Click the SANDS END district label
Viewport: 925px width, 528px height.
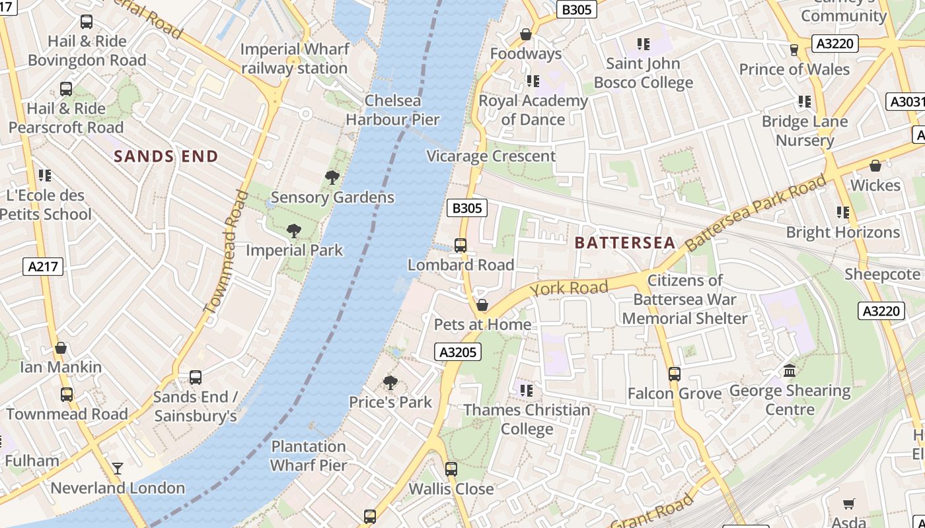(x=166, y=156)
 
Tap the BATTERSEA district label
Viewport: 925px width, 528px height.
(x=624, y=242)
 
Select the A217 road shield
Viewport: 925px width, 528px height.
(x=44, y=267)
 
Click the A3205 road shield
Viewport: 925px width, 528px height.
(x=458, y=352)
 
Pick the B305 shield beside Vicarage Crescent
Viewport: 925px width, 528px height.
(x=466, y=208)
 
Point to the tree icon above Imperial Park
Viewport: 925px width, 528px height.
(x=294, y=231)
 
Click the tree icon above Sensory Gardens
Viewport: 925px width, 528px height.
(x=332, y=177)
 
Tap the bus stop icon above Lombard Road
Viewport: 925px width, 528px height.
(x=461, y=246)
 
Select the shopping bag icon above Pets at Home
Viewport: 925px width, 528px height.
(x=482, y=305)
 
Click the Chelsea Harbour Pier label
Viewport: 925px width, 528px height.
(x=392, y=110)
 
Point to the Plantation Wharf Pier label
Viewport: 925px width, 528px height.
(x=309, y=455)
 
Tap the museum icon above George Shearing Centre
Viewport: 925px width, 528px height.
(x=790, y=371)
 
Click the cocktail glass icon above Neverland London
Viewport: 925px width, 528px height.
(x=118, y=469)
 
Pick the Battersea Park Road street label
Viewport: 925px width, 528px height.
(x=755, y=213)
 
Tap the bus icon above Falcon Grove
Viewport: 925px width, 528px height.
(x=674, y=374)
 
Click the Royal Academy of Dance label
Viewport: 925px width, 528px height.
(x=533, y=110)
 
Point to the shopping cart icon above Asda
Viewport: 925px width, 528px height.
(x=849, y=504)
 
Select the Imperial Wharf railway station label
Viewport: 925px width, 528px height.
(x=294, y=59)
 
